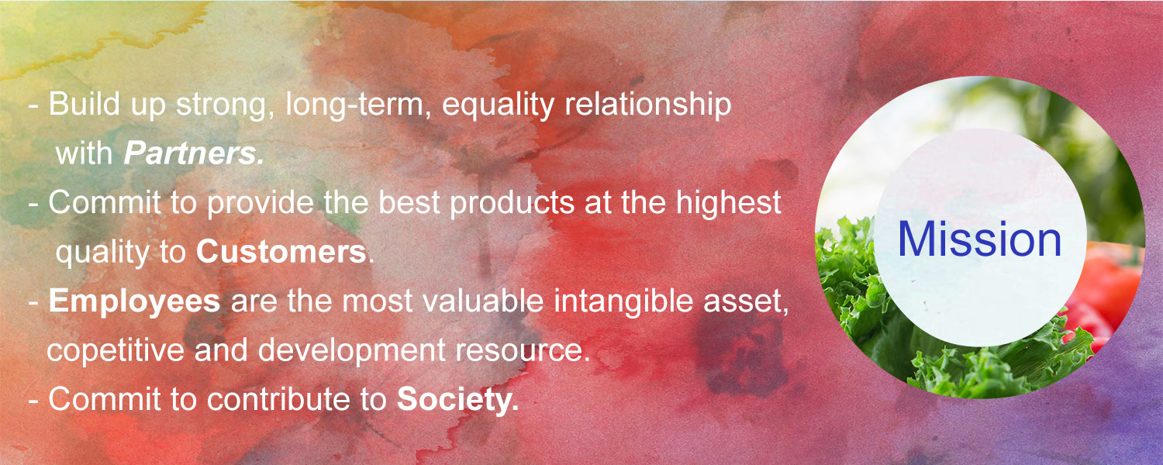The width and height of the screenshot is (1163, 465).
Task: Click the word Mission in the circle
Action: point(979,239)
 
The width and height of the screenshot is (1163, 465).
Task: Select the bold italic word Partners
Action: point(194,153)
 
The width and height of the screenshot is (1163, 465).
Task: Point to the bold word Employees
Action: point(134,301)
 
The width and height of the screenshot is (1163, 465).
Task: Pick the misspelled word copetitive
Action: point(116,350)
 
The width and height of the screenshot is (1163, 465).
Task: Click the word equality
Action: point(498,105)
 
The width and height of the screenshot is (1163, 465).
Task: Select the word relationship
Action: point(648,105)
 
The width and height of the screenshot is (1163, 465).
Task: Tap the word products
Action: point(512,203)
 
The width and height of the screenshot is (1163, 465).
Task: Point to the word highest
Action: point(729,203)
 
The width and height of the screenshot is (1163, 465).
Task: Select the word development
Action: point(351,350)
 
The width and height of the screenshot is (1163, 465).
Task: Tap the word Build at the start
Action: point(84,105)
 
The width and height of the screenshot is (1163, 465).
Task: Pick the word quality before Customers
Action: point(102,253)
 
